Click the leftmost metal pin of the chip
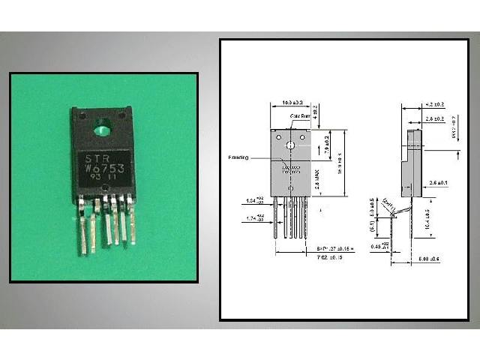81,225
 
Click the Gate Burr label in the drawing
301,118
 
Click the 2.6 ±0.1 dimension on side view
439,183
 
